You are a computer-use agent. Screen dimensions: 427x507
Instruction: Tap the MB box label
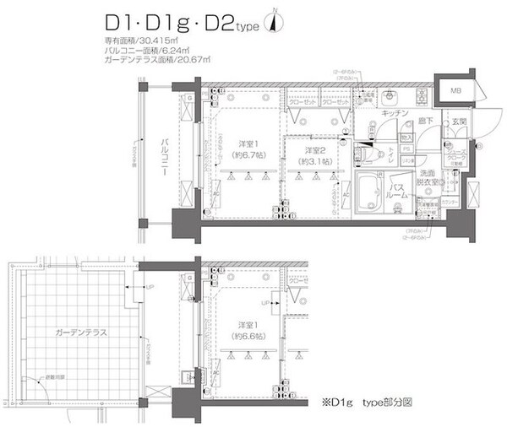(x=455, y=90)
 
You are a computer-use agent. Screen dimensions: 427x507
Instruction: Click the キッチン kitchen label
(x=395, y=112)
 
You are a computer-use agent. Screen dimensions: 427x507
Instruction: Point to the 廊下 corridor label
(x=428, y=122)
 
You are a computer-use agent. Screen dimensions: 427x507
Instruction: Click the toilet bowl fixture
(x=375, y=154)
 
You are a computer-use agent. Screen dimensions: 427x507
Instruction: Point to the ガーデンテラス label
(x=77, y=333)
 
